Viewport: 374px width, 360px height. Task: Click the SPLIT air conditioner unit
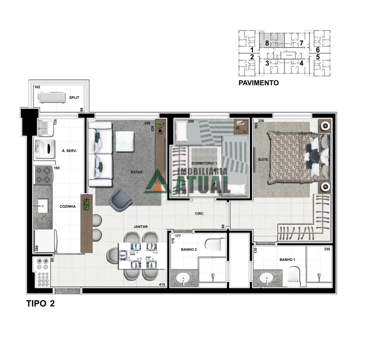click(51, 97)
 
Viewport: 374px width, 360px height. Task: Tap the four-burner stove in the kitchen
click(44, 175)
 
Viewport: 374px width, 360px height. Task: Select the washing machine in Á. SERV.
click(45, 149)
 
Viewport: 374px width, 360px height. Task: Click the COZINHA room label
click(67, 207)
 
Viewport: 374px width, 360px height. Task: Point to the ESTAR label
click(137, 172)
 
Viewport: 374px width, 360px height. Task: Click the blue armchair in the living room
click(120, 200)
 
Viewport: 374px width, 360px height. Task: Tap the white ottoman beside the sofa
click(125, 141)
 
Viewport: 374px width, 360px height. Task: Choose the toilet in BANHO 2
click(213, 245)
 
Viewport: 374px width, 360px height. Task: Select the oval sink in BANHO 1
click(267, 278)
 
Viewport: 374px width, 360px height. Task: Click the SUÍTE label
click(263, 160)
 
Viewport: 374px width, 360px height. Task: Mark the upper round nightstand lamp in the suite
click(325, 126)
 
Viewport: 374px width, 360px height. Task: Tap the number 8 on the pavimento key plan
click(267, 43)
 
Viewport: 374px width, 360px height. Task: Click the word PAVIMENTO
click(259, 83)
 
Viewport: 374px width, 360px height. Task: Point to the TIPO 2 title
click(40, 304)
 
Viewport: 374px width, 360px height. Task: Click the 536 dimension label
click(152, 129)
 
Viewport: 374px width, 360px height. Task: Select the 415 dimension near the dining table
click(162, 284)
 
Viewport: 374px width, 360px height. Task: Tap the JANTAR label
click(141, 227)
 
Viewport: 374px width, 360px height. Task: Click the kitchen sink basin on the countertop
click(43, 206)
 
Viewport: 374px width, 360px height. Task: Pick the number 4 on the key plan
click(301, 63)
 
